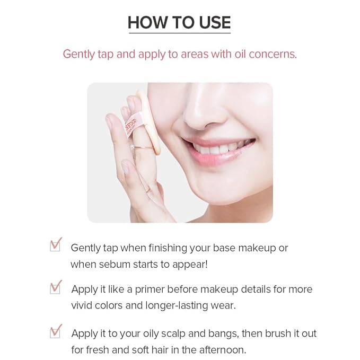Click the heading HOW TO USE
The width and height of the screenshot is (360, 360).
(179, 22)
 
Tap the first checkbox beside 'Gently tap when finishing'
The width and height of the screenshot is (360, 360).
(56, 245)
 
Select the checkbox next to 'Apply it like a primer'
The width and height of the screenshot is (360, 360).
(56, 287)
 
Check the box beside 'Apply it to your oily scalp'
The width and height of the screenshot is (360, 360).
(56, 332)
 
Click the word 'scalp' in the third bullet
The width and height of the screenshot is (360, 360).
(180, 334)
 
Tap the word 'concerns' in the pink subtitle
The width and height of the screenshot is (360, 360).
(276, 54)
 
